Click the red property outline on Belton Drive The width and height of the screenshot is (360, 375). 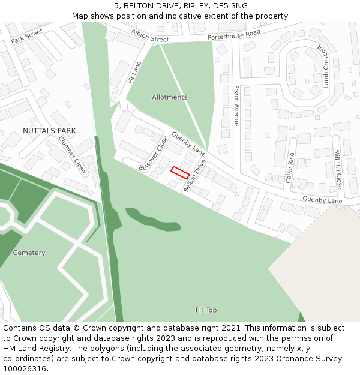[x=180, y=172]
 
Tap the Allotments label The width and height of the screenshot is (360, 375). [x=169, y=97]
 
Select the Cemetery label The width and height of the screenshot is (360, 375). [x=29, y=253]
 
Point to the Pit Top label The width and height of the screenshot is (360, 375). [x=206, y=310]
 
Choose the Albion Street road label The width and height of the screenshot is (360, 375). [x=150, y=35]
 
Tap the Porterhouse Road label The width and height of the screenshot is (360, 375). [x=234, y=35]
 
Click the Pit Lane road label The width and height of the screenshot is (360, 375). [x=134, y=71]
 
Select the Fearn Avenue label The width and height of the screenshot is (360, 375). [x=236, y=106]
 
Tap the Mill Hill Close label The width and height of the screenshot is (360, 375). [x=337, y=170]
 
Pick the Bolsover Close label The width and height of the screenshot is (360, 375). [x=154, y=154]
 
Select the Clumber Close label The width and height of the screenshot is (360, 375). [x=72, y=155]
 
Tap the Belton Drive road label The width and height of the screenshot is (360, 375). [x=196, y=176]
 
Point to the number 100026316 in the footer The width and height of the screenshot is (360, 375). [x=25, y=369]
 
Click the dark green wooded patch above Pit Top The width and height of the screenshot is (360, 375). [x=152, y=218]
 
